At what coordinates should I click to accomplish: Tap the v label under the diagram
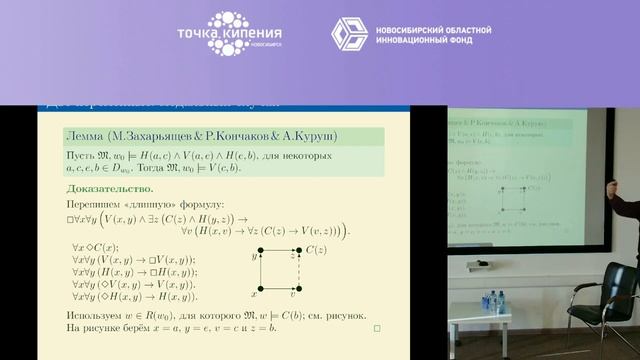pos(291,294)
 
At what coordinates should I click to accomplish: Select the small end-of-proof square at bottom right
pos(376,327)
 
